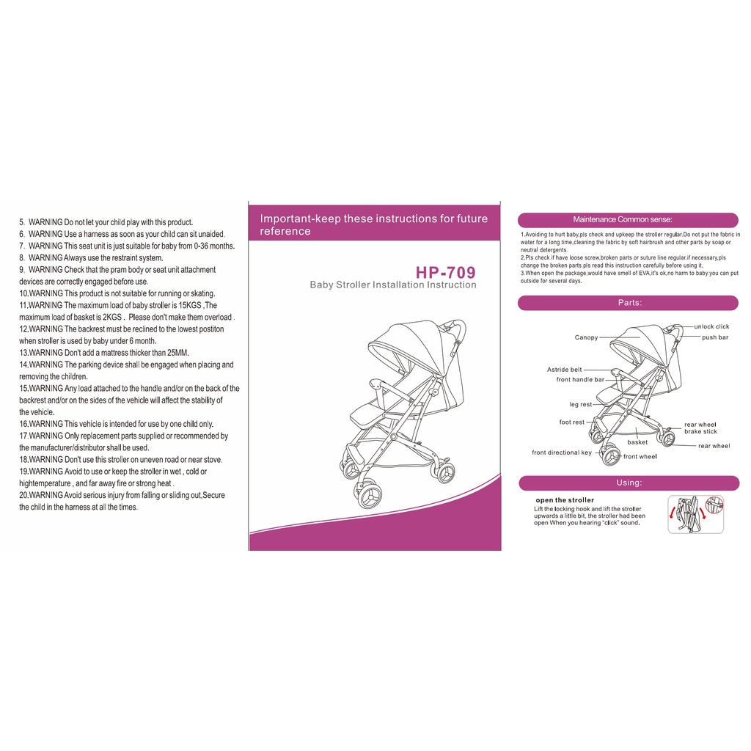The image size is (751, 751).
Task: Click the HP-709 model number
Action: [x=445, y=273]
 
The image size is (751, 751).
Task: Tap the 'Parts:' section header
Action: [x=630, y=303]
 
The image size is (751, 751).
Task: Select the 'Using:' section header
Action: [x=629, y=483]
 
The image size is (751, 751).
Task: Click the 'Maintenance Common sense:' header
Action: [x=623, y=219]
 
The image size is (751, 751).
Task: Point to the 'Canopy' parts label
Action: [x=586, y=337]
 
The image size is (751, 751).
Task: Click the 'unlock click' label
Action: [x=711, y=326]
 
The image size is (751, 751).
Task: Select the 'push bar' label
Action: [x=715, y=337]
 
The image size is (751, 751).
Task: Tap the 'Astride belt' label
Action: [x=565, y=370]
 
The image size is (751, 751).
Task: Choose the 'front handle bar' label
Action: [x=581, y=379]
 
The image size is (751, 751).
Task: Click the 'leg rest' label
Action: [x=581, y=404]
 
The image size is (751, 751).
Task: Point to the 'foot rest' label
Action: [x=572, y=422]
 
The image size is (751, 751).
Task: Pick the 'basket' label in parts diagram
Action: [x=637, y=442]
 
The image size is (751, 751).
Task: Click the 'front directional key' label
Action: [x=562, y=453]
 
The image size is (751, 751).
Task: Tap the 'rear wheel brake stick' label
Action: [x=700, y=428]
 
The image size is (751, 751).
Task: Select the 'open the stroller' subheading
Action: [x=565, y=500]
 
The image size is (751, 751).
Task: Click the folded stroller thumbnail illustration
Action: [x=695, y=514]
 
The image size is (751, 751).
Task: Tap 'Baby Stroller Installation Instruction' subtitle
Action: [x=393, y=285]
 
